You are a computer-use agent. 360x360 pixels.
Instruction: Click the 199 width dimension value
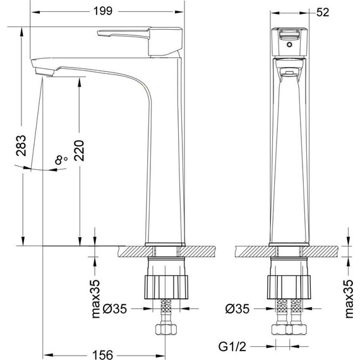coord(103,11)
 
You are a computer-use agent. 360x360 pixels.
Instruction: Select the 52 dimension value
coord(323,12)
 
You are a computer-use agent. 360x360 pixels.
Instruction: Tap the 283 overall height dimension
coord(21,145)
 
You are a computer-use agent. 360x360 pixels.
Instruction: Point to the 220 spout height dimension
coord(80,150)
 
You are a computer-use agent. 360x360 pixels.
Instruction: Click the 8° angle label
coord(61,160)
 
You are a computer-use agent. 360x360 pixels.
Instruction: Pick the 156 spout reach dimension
coord(102,355)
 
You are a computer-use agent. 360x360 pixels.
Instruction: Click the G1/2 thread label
coord(232,347)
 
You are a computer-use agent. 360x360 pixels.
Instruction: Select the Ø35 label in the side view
coord(115,309)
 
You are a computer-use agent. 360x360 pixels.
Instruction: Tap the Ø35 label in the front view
coord(237,309)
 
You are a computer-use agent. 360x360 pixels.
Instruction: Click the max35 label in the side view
coord(96,299)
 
